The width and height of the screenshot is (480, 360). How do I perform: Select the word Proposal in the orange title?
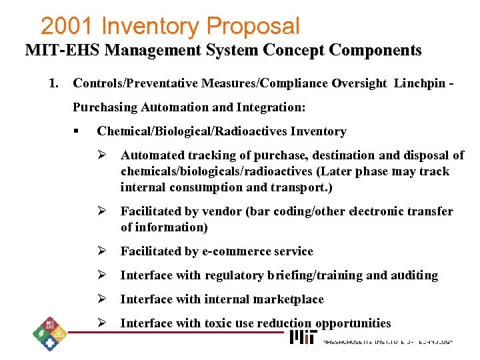coord(253,27)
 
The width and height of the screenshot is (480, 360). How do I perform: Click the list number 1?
coord(53,83)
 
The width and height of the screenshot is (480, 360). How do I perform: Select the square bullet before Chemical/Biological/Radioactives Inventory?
coord(78,131)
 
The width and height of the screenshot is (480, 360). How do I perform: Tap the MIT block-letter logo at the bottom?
coord(303,338)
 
